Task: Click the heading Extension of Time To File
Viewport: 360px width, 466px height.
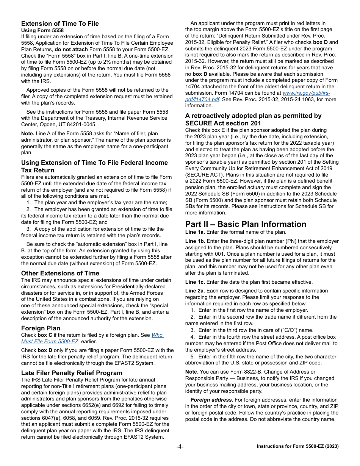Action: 60,23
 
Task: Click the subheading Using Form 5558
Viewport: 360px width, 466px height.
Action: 42,30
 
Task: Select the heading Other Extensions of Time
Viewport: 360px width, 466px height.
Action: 60,273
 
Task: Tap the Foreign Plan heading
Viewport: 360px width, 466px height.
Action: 41,328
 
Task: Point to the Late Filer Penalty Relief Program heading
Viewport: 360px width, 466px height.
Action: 72,373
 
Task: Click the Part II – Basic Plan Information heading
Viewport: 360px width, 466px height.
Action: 246,224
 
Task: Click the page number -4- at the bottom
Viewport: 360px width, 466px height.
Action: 180,446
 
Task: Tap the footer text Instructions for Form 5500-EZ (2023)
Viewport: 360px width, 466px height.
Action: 297,446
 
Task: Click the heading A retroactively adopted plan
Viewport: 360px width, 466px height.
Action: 253,116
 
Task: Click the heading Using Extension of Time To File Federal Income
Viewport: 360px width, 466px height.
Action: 94,163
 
